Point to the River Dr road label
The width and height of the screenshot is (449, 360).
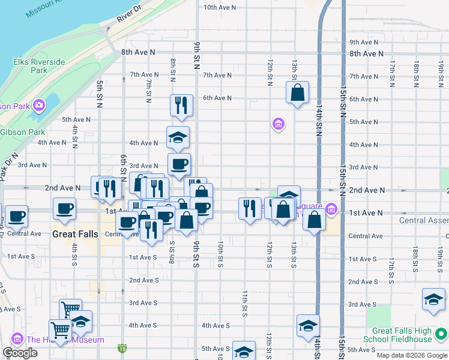tap(128, 14)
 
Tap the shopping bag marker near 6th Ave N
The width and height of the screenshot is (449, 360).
tap(297, 93)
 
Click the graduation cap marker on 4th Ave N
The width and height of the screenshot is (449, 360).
tap(178, 137)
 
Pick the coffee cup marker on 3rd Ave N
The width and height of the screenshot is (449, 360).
tap(179, 164)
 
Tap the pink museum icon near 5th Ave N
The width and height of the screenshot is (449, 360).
tap(278, 124)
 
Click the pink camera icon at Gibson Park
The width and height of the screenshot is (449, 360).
tap(39, 106)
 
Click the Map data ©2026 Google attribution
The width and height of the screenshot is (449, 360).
tap(412, 355)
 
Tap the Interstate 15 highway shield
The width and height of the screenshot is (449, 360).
tap(122, 347)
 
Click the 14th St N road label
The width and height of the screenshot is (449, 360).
tap(320, 121)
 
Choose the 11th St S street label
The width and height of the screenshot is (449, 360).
tap(245, 303)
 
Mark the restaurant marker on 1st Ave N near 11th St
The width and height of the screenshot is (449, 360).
tap(250, 208)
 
